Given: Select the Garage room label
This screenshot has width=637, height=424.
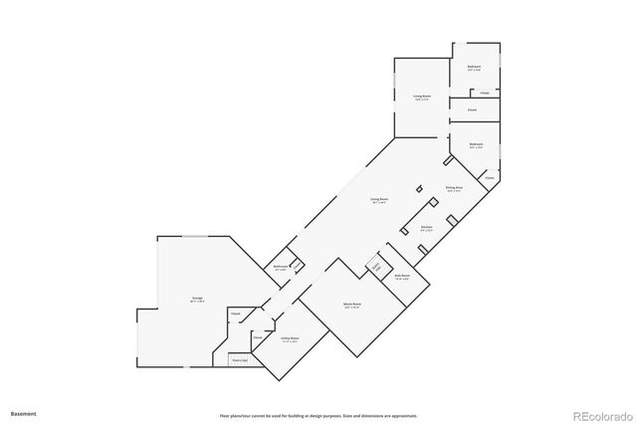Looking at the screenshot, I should point(184,298).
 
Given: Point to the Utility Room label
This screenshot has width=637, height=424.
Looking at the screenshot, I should point(290,338).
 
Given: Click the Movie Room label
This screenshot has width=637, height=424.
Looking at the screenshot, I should point(352,304).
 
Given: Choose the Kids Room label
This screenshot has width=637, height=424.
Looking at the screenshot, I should point(402,275).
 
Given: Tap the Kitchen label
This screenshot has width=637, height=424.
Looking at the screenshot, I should point(426,227).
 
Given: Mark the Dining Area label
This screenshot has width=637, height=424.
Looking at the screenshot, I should point(454,186).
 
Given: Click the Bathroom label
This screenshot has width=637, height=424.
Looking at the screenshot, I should point(282,266).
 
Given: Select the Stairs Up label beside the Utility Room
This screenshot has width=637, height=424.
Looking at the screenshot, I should point(239,360).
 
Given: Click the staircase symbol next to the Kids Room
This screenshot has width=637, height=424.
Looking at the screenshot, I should point(376,266).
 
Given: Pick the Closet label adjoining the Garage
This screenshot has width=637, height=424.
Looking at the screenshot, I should point(236,315).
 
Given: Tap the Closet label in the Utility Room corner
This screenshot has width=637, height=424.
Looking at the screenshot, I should point(257,337).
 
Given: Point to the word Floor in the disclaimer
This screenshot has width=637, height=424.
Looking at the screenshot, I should point(225,415).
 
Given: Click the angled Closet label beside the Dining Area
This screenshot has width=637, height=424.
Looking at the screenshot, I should point(490,178).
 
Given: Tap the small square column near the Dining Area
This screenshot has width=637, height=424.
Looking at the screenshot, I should point(419,187).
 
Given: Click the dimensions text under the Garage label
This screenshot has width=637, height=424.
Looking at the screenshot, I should point(184,302).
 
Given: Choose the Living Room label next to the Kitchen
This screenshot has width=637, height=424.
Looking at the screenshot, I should point(378,200).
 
